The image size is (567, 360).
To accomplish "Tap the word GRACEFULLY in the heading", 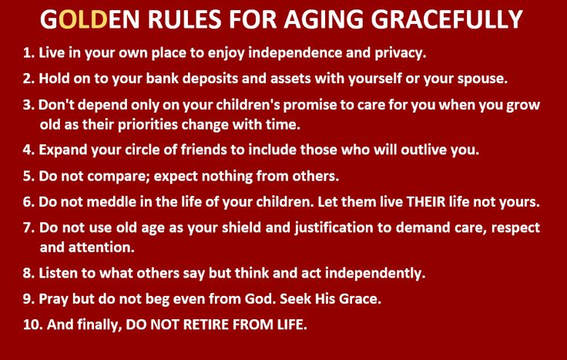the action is coord(447,19).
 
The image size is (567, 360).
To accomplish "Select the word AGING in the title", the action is coord(324,19).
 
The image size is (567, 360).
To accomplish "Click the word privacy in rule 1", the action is coord(401,53).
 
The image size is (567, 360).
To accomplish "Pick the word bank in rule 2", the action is coord(162,79).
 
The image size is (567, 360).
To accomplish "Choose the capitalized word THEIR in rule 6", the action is coord(426,202).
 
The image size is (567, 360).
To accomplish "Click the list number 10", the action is coord(33,325).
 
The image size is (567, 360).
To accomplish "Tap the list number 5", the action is coord(29,177).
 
